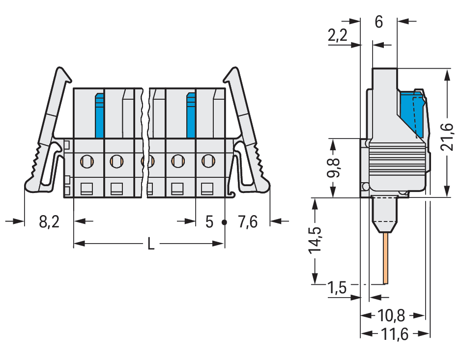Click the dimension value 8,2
point(49,222)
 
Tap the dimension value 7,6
point(248,222)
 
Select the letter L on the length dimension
point(151,244)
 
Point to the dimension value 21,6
point(447,137)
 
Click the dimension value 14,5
point(315,240)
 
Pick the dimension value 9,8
point(333,168)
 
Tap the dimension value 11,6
point(395,334)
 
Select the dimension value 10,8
point(391,316)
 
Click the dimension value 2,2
point(338,35)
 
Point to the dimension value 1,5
point(337,288)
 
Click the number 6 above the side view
point(378,22)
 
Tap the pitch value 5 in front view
point(209,222)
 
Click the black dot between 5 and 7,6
point(225,222)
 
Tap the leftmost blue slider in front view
point(99,115)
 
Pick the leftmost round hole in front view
point(87,161)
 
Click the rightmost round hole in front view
point(208,161)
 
